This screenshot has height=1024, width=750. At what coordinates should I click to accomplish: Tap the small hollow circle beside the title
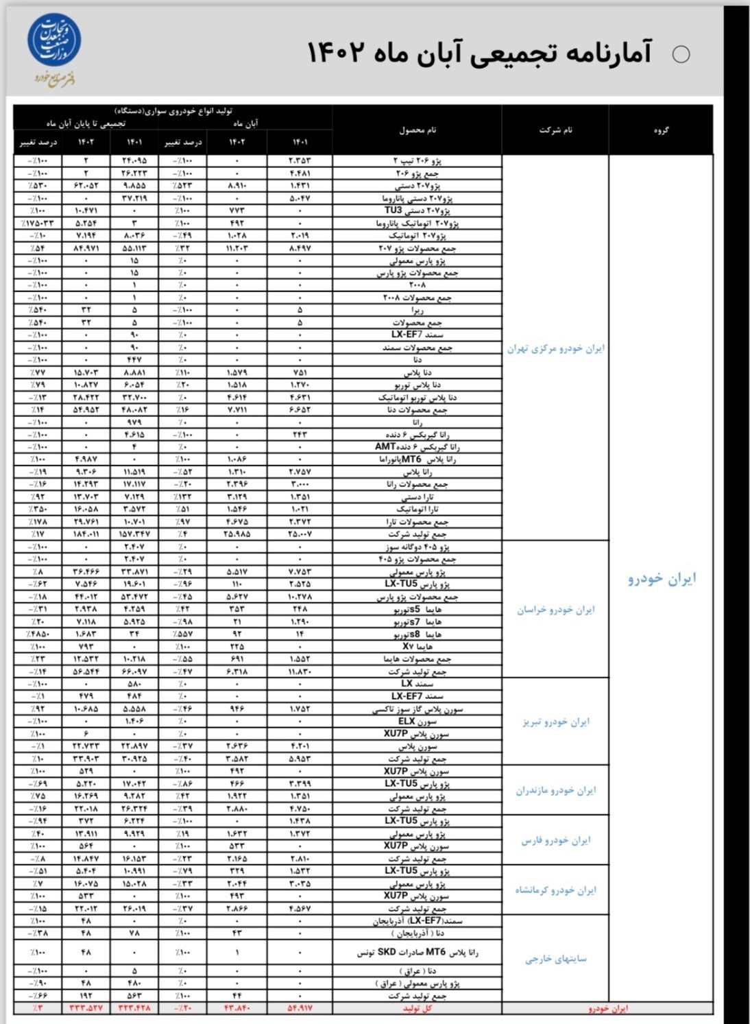tap(681, 54)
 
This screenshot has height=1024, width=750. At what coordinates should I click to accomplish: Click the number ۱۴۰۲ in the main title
tap(335, 53)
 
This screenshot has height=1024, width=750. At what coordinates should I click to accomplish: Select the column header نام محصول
tap(418, 130)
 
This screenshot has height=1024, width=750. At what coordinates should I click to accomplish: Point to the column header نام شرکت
tap(555, 130)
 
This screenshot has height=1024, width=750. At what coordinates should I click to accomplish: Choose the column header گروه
tap(661, 130)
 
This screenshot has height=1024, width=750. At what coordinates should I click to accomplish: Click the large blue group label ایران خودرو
tap(662, 578)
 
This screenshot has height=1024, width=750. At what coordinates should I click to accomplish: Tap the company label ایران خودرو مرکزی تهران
tap(555, 348)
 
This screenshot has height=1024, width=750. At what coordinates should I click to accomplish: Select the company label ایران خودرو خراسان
tap(555, 609)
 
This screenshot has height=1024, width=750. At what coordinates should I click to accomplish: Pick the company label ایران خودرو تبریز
tap(555, 722)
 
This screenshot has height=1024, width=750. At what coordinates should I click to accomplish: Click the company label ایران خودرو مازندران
tap(555, 790)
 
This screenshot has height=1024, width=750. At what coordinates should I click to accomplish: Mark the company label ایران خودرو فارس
tap(555, 840)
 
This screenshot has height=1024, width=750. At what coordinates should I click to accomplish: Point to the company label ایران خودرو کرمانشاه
tap(555, 890)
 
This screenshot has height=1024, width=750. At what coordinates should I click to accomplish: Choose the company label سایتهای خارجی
tap(555, 959)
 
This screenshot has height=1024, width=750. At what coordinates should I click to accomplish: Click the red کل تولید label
tap(418, 1008)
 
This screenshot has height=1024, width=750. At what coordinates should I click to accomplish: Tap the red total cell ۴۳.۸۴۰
tap(237, 1008)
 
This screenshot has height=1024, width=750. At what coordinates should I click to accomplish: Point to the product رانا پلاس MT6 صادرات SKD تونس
tap(418, 952)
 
